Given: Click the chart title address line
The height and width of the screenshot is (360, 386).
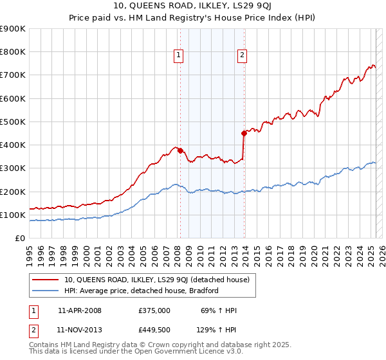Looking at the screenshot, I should (192, 8).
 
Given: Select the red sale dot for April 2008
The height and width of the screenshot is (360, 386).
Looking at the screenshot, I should (180, 150).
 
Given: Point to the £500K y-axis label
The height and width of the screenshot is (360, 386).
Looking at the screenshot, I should (13, 122).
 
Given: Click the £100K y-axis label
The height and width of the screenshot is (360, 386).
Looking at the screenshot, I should (13, 215).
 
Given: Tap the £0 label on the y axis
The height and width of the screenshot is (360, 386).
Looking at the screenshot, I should (19, 238).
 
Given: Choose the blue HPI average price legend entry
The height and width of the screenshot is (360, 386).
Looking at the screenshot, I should (142, 291).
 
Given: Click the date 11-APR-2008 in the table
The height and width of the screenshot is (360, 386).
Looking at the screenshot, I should (79, 310).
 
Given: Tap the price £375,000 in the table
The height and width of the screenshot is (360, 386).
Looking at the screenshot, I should (154, 310).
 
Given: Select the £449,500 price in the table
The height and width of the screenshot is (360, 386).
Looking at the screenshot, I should (154, 330).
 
